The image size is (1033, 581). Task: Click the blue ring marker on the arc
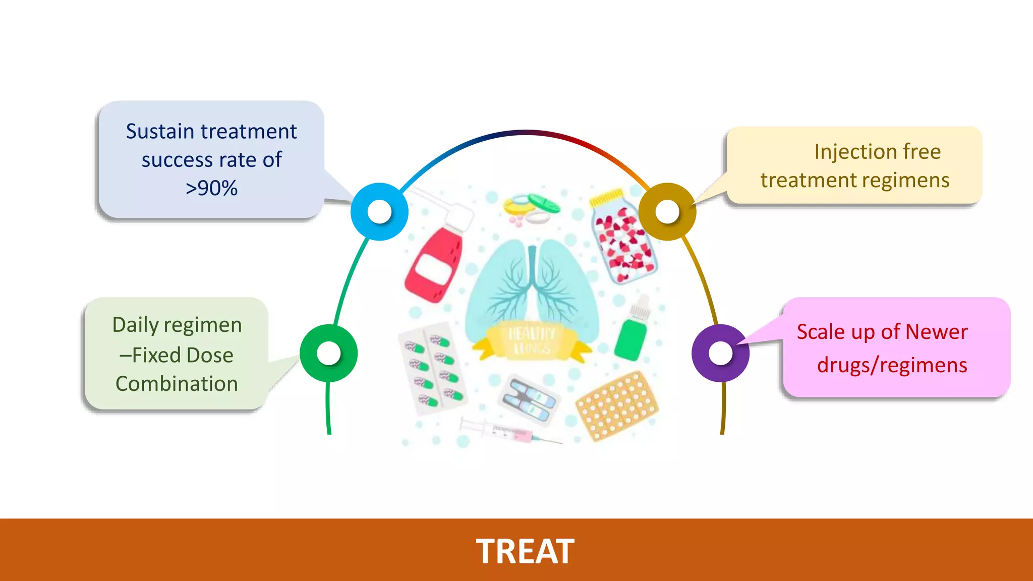tap(379, 212)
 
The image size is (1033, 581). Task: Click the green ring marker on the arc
tap(329, 353)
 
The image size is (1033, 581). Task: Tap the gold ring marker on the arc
tap(667, 212)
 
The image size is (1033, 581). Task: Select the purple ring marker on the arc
tap(720, 353)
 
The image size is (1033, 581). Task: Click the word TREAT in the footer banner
tap(525, 551)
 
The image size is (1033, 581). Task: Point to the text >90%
tap(211, 188)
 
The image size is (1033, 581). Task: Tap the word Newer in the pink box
tap(936, 332)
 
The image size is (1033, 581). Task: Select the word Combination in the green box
tap(177, 384)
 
